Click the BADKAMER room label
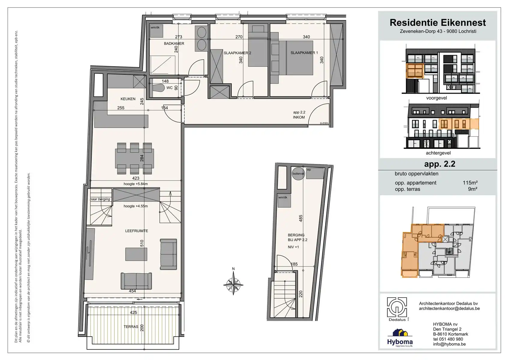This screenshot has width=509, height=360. (174, 43)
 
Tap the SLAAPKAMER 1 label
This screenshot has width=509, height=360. (304, 53)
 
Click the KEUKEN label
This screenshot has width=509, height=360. (128, 99)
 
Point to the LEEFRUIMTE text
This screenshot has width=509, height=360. (136, 231)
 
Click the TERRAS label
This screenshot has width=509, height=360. (131, 327)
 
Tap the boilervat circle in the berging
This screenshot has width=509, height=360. (298, 174)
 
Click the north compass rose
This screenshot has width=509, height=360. (233, 283)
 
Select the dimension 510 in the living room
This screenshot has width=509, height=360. (142, 243)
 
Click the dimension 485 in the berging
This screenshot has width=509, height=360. (301, 218)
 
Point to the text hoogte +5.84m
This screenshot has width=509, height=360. (135, 184)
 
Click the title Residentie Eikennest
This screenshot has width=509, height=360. (438, 23)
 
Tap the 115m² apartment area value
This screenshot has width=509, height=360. (470, 183)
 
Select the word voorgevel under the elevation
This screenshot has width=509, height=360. (436, 98)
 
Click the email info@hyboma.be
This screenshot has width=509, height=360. (449, 344)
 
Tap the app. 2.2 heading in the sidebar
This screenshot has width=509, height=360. (439, 164)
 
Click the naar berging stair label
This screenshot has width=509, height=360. (100, 199)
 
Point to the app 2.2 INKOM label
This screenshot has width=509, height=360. (299, 115)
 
